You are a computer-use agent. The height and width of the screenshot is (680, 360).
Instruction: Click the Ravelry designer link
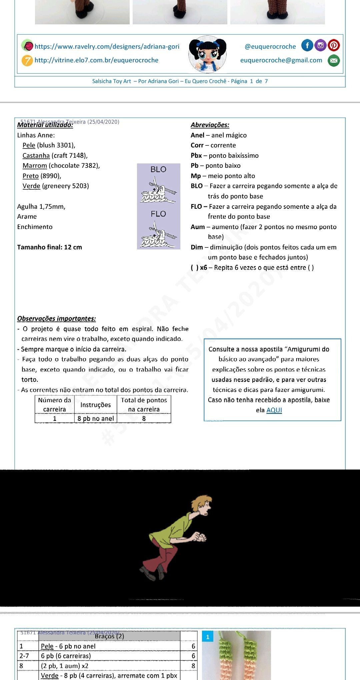click(x=107, y=46)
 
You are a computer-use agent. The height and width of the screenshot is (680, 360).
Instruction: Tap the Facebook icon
click(x=307, y=45)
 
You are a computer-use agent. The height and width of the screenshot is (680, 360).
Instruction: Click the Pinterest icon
click(x=334, y=45)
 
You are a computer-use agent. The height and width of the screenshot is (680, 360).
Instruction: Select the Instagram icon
click(x=320, y=45)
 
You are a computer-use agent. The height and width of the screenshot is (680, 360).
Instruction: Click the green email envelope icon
click(x=334, y=60)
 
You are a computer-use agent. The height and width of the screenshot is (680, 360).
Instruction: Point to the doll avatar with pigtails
click(x=207, y=54)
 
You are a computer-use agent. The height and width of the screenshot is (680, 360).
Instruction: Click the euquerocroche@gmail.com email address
click(x=281, y=60)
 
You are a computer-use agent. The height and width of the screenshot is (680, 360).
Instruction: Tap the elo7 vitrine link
click(x=96, y=60)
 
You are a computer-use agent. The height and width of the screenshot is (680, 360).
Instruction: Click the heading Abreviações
click(x=210, y=125)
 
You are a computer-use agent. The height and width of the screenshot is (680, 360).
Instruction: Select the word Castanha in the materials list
click(x=36, y=155)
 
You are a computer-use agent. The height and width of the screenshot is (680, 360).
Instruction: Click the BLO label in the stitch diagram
click(x=158, y=169)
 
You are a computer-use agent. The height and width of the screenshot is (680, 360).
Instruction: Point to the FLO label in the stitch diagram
click(x=158, y=214)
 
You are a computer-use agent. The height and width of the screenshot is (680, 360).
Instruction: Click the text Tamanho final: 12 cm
click(x=50, y=247)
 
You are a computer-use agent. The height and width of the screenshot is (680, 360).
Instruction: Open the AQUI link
click(x=274, y=410)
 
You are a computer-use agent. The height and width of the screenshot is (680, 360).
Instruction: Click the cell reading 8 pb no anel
click(x=96, y=419)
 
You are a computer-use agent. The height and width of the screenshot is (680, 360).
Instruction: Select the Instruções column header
click(x=95, y=405)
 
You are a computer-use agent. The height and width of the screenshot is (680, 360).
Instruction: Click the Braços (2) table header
click(x=109, y=636)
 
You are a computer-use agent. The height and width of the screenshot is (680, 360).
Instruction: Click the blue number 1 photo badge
click(x=207, y=637)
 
